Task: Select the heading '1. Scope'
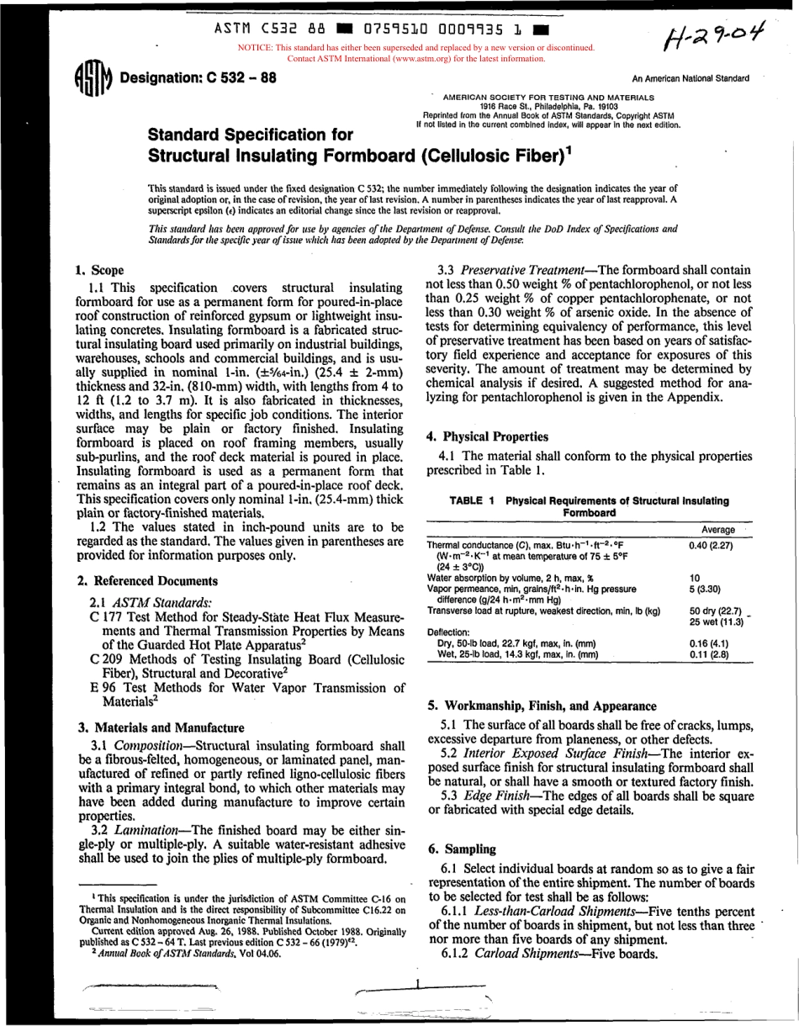[x=100, y=270]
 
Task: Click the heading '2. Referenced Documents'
[x=147, y=581]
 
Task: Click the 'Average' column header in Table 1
[x=717, y=530]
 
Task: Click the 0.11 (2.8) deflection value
[x=709, y=653]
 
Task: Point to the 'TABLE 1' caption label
[x=472, y=500]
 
